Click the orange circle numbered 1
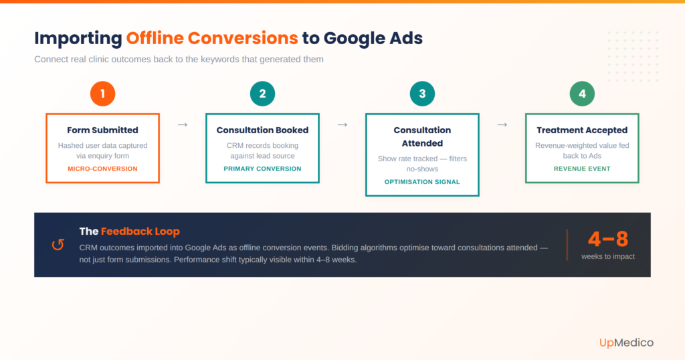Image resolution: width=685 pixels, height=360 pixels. click(x=102, y=94)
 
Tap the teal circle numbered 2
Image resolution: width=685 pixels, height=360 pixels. click(x=262, y=94)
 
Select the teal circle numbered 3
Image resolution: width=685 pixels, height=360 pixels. click(x=422, y=94)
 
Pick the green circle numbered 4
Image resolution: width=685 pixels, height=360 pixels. click(x=582, y=94)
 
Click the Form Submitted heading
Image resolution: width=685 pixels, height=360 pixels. click(x=102, y=130)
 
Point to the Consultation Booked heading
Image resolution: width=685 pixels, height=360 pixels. click(x=262, y=130)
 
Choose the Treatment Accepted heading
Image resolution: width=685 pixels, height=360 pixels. click(x=582, y=130)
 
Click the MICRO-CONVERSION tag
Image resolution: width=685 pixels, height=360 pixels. click(x=102, y=169)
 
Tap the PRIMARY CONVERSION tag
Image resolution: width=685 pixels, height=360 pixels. click(x=262, y=169)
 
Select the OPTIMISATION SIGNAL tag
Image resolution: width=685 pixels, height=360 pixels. click(x=422, y=182)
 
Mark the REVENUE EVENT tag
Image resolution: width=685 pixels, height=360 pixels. click(x=582, y=169)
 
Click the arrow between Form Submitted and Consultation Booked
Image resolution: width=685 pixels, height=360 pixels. click(x=182, y=124)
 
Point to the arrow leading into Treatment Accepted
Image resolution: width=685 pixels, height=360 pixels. click(x=502, y=124)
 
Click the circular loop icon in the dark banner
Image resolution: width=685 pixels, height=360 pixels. click(x=58, y=245)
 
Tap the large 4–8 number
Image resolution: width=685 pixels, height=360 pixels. click(x=607, y=239)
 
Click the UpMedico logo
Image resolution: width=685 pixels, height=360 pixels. click(x=626, y=343)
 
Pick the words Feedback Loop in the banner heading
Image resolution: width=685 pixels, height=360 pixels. click(x=140, y=232)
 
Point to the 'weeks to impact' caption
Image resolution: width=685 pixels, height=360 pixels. click(x=607, y=256)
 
